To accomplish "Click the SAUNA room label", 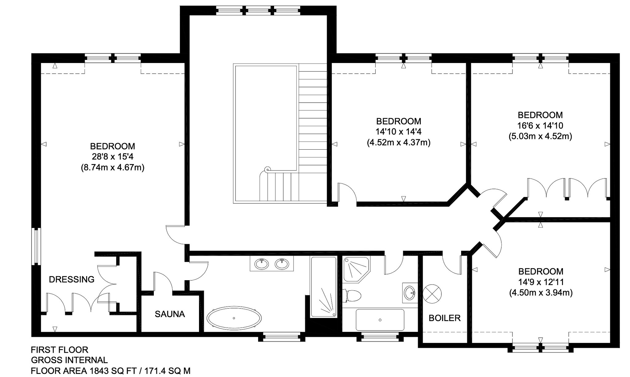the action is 170,314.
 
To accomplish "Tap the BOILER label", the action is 445,318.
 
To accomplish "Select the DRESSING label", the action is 72,279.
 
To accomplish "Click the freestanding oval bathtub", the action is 234,318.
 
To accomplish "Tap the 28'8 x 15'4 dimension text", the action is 113,157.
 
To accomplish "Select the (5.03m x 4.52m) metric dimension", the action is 540,136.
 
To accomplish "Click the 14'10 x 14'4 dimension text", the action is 398,132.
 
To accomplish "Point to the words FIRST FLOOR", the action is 59,350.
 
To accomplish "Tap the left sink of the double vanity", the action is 261,264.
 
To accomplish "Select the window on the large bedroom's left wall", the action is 36,246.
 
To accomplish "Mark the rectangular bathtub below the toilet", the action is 380,320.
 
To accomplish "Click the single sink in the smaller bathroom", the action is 409,293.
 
